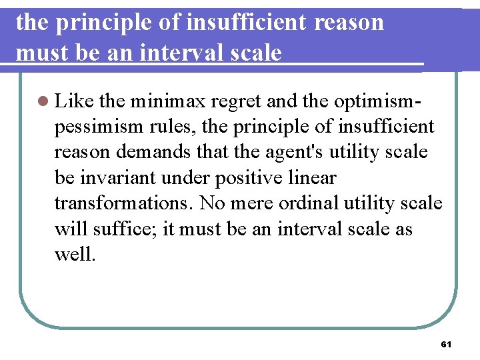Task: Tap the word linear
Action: click(315, 178)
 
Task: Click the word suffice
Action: click(129, 229)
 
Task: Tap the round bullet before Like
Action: click(44, 101)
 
